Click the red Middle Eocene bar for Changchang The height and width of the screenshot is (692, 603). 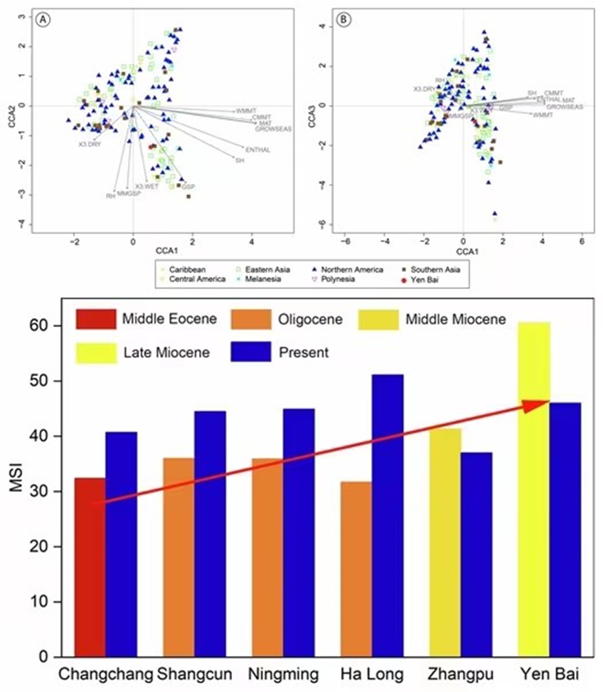90,567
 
